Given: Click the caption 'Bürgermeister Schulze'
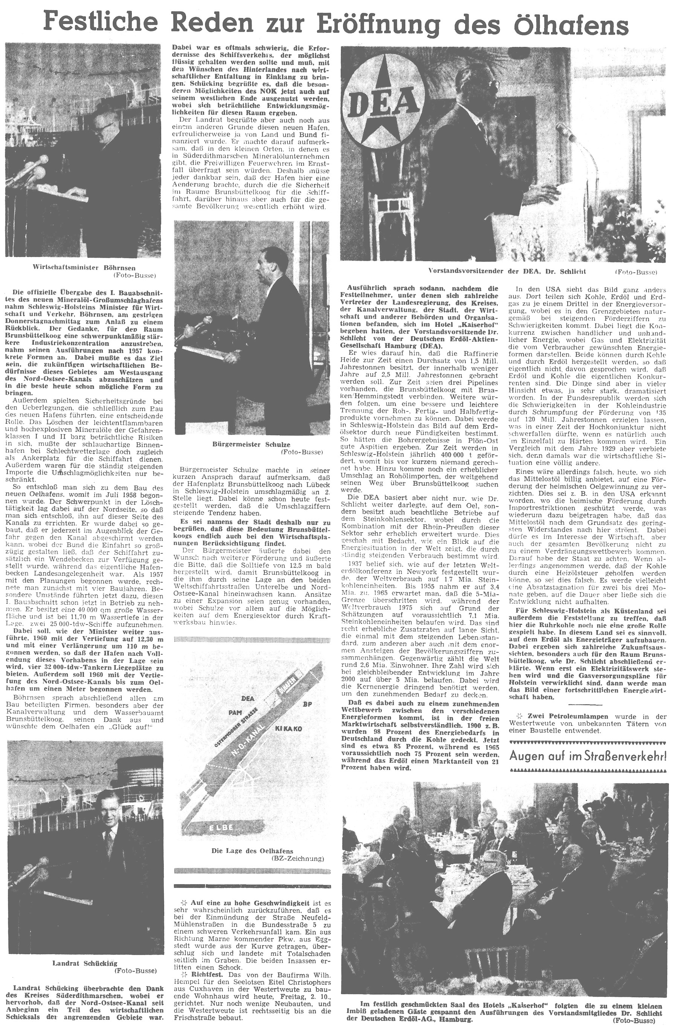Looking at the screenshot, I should tap(251, 444).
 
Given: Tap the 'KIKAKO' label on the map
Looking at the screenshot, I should tap(288, 729).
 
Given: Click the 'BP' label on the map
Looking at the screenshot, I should tap(308, 704).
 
